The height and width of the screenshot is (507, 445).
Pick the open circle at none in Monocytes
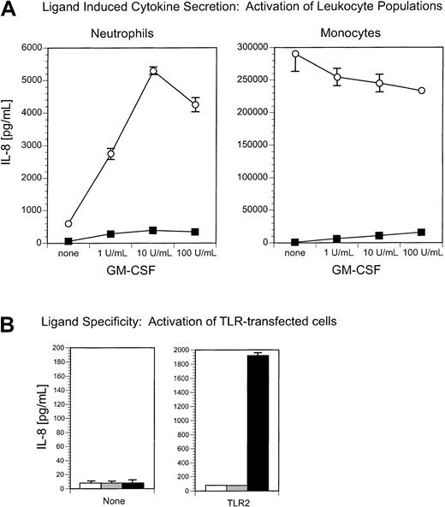248,54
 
